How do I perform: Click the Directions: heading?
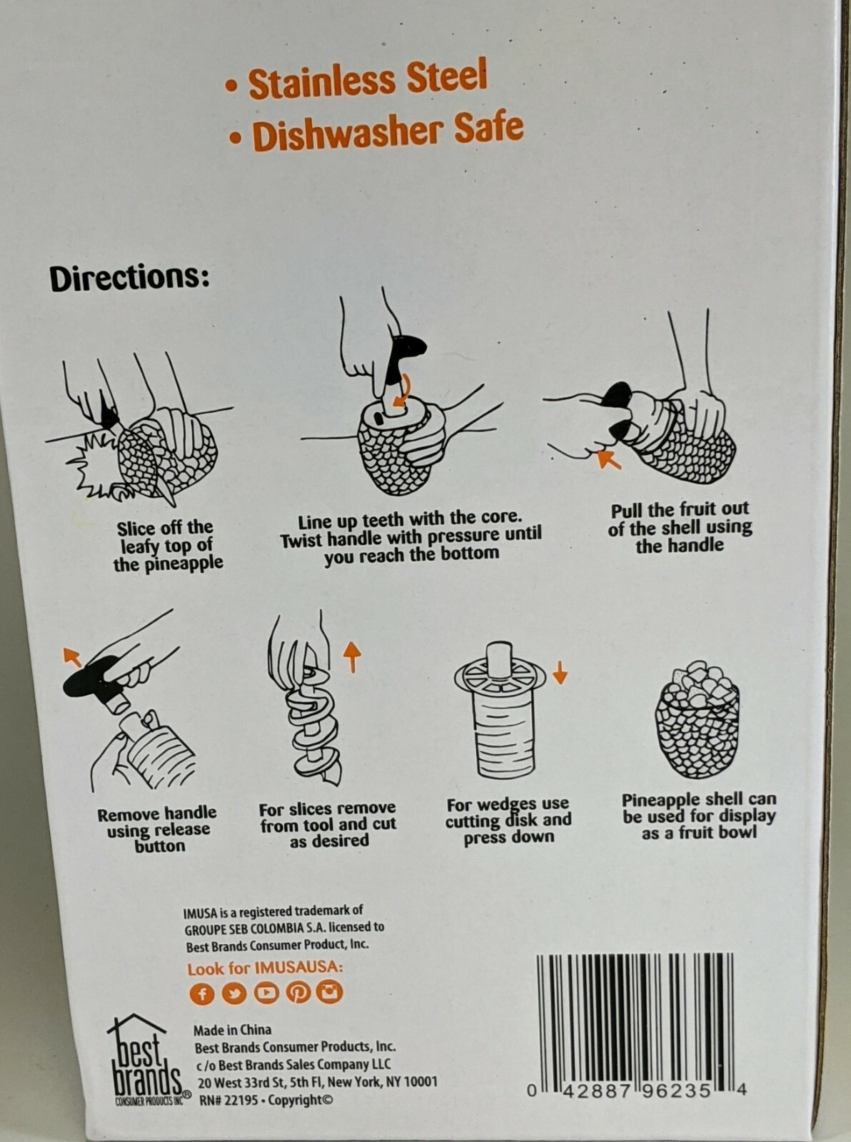click(x=129, y=279)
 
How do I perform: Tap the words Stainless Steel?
click(x=368, y=79)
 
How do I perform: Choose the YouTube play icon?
click(x=266, y=993)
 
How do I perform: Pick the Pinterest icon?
click(x=298, y=993)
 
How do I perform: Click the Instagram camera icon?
click(x=330, y=992)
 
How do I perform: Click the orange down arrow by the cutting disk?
click(x=560, y=673)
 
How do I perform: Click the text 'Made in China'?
click(x=232, y=1030)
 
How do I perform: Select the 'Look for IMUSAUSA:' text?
click(x=265, y=968)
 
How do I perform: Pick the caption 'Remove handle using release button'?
click(x=158, y=830)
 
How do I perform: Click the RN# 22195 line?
click(x=266, y=1100)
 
